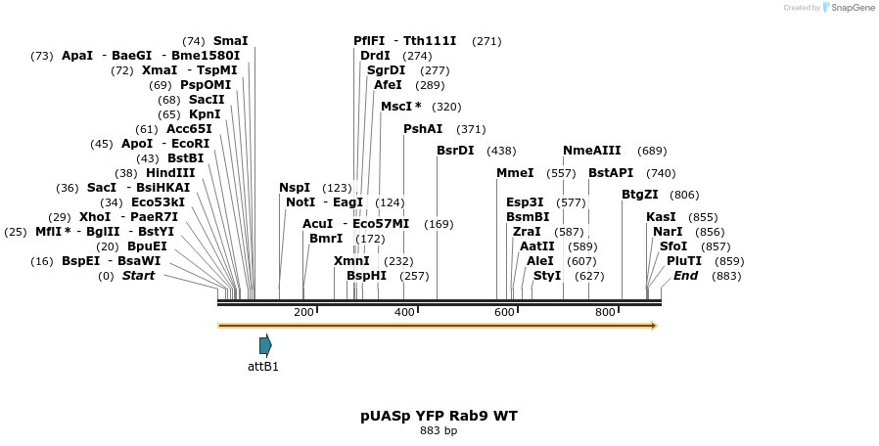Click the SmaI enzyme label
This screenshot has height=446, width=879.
coord(230,41)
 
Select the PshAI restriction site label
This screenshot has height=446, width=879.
coord(423,129)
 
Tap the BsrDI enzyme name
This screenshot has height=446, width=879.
coord(455,151)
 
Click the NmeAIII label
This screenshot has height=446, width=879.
coord(591,151)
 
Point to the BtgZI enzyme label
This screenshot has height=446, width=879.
coord(640,195)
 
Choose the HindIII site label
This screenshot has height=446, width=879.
coord(170,173)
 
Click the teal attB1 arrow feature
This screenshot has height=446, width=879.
coord(265,344)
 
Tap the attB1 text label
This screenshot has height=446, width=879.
coord(263,367)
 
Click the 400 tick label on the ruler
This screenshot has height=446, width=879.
coord(404,312)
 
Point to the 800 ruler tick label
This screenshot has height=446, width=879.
coord(605,312)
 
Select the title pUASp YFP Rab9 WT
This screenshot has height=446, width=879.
coord(439,416)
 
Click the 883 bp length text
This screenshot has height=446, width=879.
coord(439,430)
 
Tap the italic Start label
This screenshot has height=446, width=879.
coord(138,276)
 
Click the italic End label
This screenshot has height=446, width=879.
coord(685,276)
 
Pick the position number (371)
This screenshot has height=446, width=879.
coord(471,129)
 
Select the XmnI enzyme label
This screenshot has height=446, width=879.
coord(351,261)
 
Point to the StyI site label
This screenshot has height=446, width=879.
coord(547,276)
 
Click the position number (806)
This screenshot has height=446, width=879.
coord(684,195)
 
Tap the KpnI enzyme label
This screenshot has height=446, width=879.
coord(205,114)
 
